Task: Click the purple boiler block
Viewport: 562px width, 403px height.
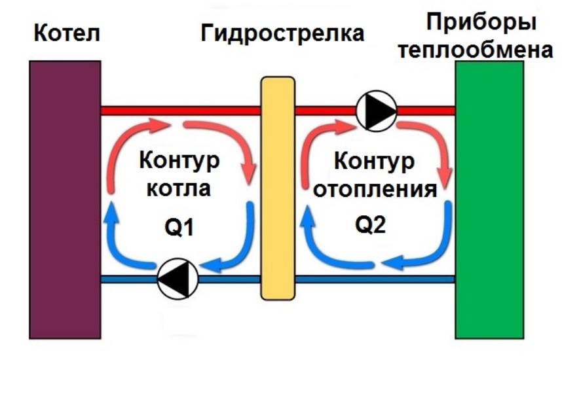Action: [x=65, y=200]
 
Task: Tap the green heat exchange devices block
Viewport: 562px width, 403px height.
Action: [x=489, y=200]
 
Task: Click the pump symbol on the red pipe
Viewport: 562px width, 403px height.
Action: [x=377, y=110]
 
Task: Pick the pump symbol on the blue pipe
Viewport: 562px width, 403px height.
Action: [x=178, y=279]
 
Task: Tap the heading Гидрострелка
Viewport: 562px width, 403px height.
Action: [x=282, y=33]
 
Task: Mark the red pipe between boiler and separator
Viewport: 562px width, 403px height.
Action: [x=180, y=110]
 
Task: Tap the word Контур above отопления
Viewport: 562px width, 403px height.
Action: [x=374, y=160]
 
